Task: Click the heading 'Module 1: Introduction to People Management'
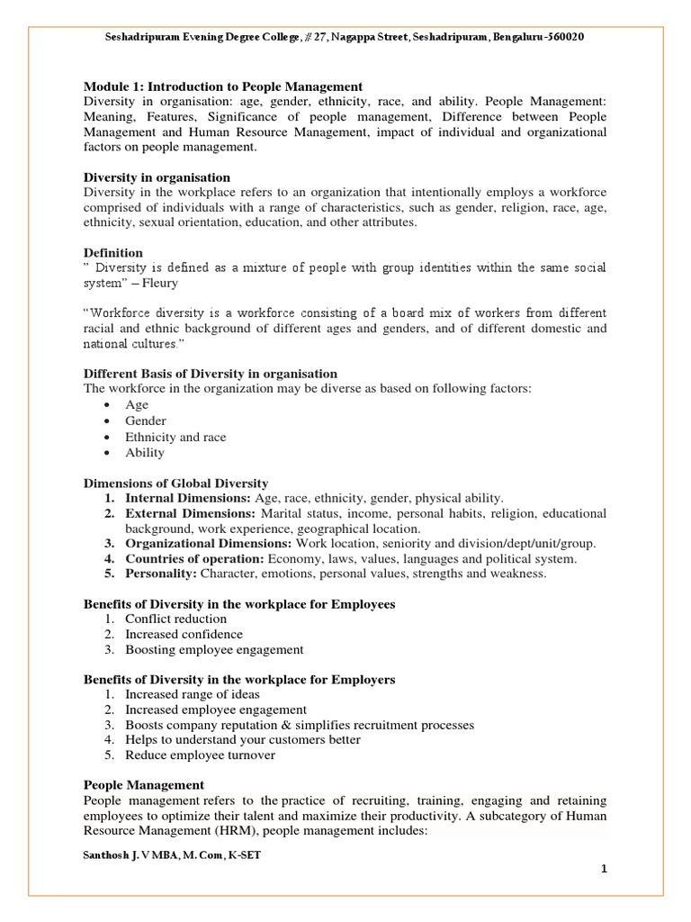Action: (x=223, y=86)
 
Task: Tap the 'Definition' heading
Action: (x=112, y=252)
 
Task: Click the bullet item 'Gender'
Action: (x=146, y=420)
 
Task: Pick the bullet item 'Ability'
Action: (x=145, y=453)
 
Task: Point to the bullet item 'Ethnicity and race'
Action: (x=175, y=437)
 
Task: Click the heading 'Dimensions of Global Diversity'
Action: (x=175, y=484)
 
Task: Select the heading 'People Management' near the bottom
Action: (x=143, y=785)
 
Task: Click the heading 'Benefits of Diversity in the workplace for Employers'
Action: (x=239, y=679)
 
